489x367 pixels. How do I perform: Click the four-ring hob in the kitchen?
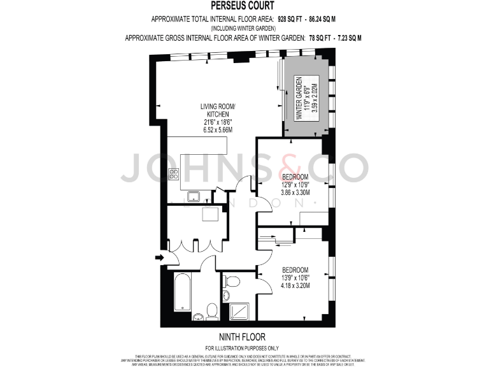click(173, 174)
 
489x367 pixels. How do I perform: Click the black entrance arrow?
click(159, 258)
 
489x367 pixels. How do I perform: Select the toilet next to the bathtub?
click(212, 310)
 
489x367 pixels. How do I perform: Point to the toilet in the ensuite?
click(232, 281)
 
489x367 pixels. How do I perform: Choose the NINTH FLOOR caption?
click(244, 336)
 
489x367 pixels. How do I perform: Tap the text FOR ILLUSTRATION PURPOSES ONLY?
click(244, 347)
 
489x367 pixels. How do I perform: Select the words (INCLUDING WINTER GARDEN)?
click(244, 29)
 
